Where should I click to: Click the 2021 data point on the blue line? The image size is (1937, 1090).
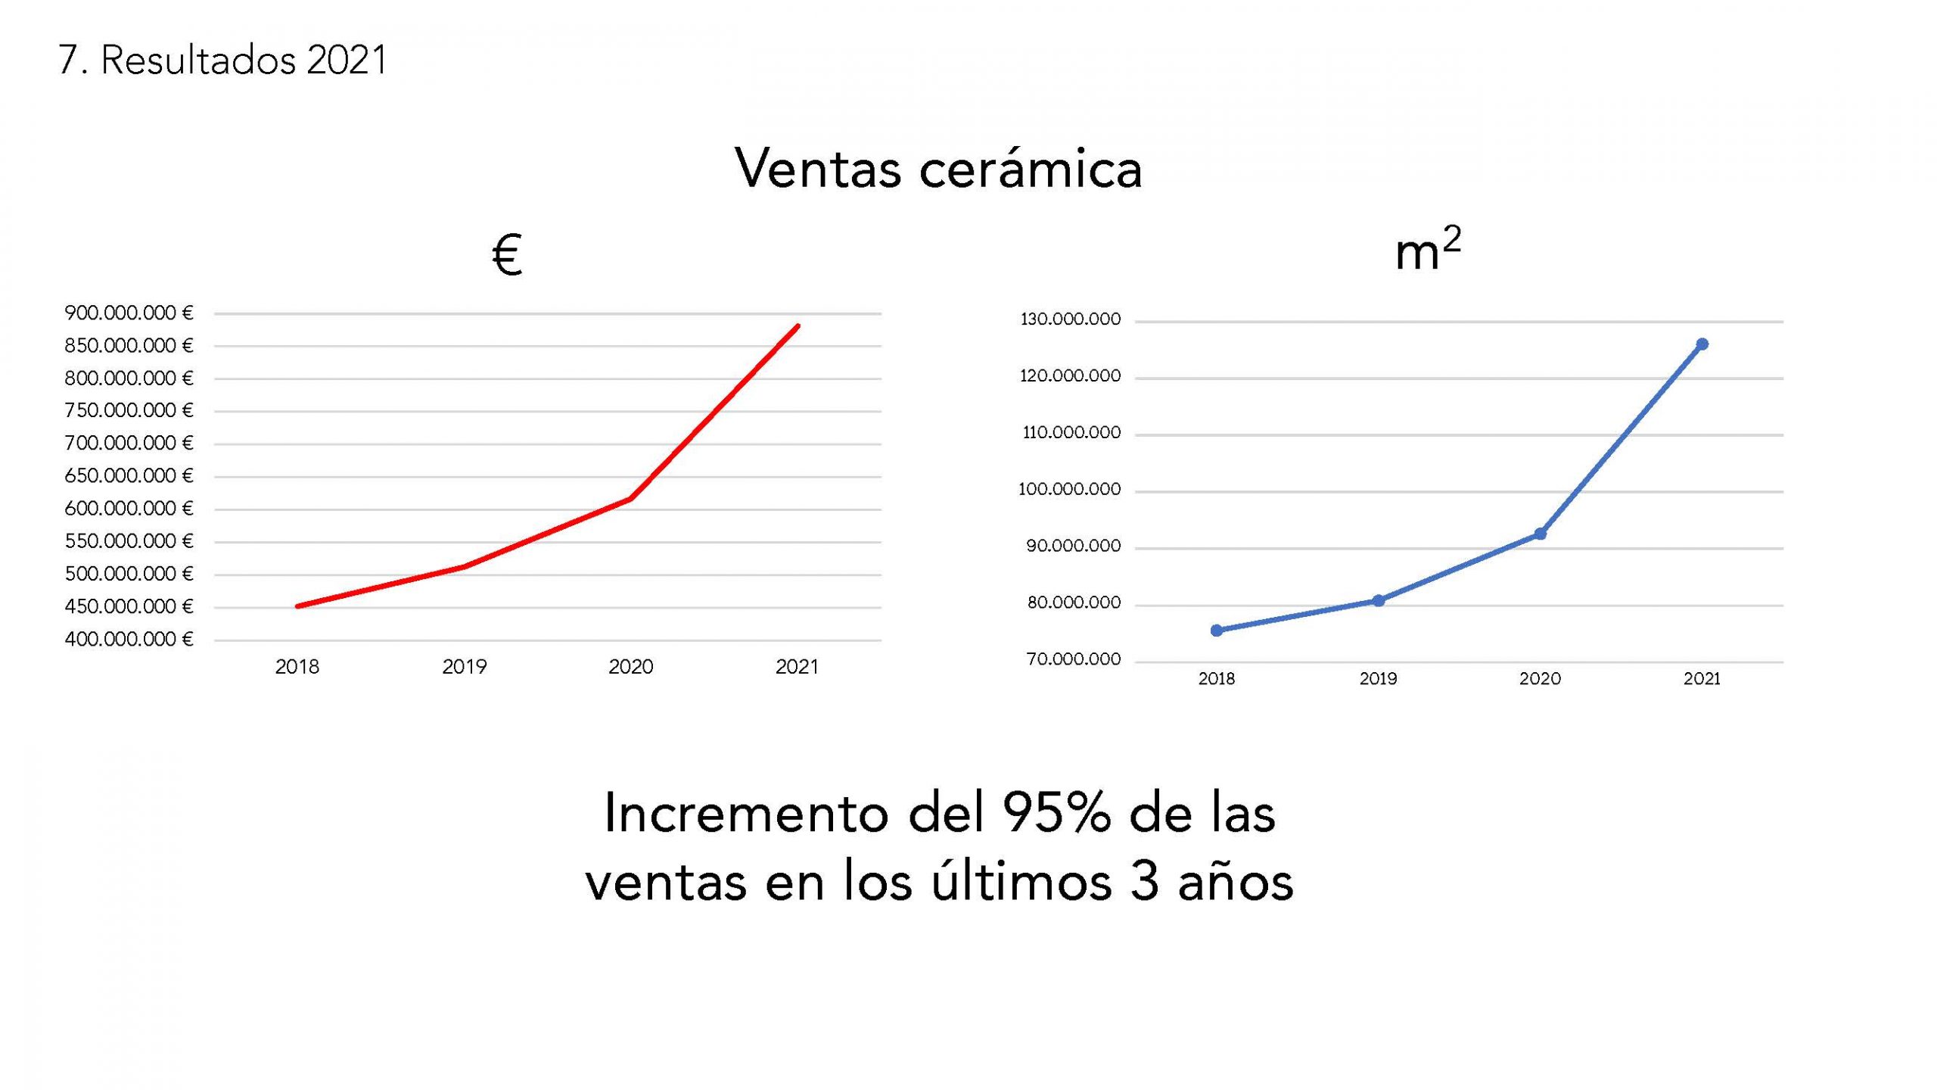pos(1702,344)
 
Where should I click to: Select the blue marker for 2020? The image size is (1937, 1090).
pos(1540,534)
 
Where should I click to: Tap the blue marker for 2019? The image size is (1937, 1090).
pos(1379,600)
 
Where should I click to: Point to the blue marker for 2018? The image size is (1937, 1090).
pos(1217,630)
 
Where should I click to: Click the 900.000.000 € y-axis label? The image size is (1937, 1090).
pos(129,313)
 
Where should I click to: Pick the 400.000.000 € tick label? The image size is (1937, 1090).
pos(129,640)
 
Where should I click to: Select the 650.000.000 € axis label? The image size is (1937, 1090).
pos(129,476)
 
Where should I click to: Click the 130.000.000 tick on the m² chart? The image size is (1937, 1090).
pos(1070,319)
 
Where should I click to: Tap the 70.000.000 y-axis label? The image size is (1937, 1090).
pos(1073,659)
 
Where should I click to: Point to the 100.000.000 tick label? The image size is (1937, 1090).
pos(1069,490)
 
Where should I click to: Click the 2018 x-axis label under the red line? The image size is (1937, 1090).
pos(297,667)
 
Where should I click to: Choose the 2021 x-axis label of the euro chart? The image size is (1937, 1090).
pos(797,667)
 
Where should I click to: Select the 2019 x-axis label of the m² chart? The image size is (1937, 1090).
pos(1378,679)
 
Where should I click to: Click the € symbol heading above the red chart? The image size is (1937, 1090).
pos(507,256)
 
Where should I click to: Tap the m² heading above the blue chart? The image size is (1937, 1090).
pos(1427,251)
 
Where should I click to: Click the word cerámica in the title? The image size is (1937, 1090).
pos(1030,169)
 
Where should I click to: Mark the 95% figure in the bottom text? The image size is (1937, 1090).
pos(1056,814)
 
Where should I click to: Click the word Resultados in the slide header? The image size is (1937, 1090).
pos(197,61)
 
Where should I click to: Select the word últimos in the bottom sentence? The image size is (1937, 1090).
pos(1021,883)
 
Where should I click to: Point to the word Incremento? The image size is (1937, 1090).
pos(746,814)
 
